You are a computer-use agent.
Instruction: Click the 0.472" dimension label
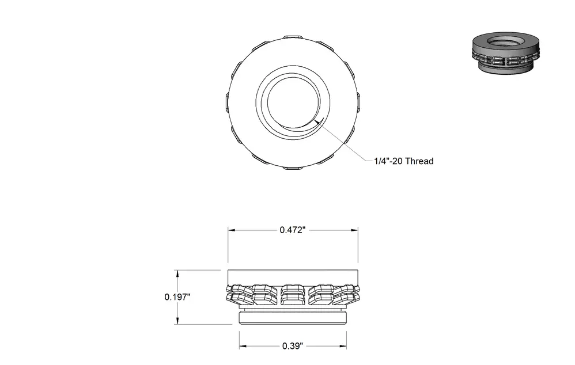point(292,230)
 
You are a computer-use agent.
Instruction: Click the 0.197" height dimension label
point(177,297)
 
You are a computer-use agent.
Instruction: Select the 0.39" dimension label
point(293,346)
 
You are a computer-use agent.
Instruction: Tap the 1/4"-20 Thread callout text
point(404,161)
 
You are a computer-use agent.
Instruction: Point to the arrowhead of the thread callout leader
point(318,121)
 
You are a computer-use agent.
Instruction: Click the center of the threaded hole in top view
point(293,102)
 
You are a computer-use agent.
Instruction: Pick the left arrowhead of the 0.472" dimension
point(231,230)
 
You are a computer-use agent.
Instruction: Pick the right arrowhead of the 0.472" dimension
point(354,230)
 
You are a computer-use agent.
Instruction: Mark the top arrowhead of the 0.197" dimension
point(178,273)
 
